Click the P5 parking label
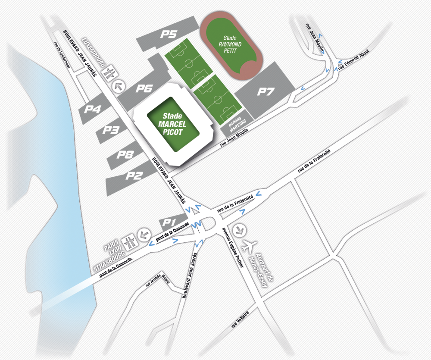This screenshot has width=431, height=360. click(169, 35)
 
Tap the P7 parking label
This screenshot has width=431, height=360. click(266, 91)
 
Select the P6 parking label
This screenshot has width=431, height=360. click(144, 89)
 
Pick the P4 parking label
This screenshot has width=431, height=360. click(93, 109)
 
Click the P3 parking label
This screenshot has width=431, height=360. click(110, 130)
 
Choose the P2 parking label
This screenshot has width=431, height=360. click(134, 175)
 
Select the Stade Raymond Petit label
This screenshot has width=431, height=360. click(229, 41)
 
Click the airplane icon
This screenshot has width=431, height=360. click(247, 247)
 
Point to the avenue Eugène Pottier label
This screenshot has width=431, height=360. click(233, 247)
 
